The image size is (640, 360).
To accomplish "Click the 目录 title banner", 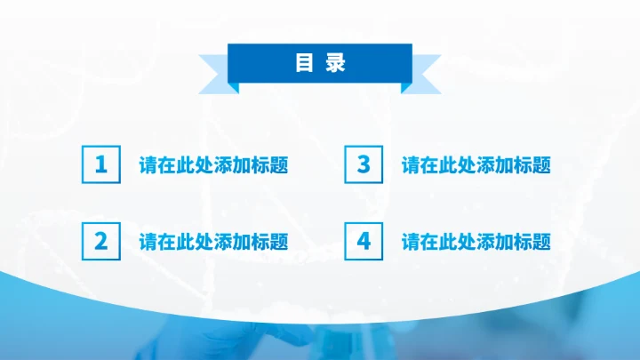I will click(x=319, y=63).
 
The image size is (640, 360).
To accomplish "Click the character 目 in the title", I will click(x=304, y=63).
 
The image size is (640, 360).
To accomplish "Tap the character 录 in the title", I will click(x=335, y=63).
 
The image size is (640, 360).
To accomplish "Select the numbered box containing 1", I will click(x=100, y=165).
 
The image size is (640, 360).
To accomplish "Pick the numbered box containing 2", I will click(x=100, y=241).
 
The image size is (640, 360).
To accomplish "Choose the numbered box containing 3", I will click(x=363, y=165).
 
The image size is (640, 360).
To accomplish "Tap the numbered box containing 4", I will click(x=363, y=241).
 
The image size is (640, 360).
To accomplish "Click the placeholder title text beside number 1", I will click(x=213, y=165).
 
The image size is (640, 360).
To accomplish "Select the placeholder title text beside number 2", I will click(x=213, y=242).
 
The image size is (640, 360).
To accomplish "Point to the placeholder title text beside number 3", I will click(x=476, y=165).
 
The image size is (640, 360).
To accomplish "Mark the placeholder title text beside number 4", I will click(x=476, y=242).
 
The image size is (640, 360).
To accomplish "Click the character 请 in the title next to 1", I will click(x=148, y=165).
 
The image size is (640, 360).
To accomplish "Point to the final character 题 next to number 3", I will click(x=540, y=165).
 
